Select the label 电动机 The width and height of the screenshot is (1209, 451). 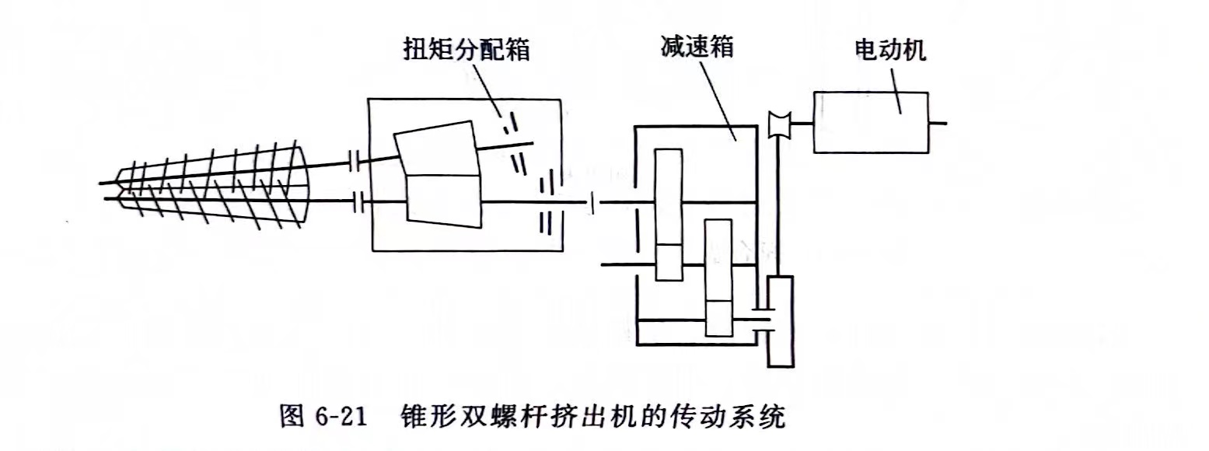click(889, 51)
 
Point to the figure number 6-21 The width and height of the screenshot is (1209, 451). click(341, 418)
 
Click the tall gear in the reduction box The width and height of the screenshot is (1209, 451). click(668, 214)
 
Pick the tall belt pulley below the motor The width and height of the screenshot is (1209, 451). click(779, 320)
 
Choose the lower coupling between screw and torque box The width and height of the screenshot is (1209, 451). click(358, 202)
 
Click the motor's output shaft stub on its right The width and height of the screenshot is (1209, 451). click(938, 122)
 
